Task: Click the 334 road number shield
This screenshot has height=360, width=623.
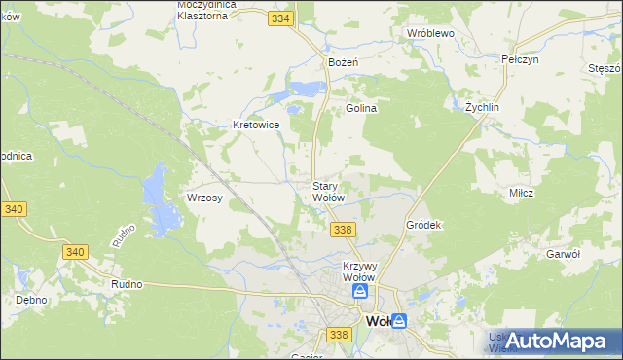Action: pos(281,18)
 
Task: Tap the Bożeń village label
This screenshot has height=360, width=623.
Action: pos(345,62)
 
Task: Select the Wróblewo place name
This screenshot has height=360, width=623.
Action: pos(431,33)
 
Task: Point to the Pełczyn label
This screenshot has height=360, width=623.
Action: pos(520,59)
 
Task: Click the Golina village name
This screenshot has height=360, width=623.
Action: pos(361,109)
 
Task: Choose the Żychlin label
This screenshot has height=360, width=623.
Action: pos(482,107)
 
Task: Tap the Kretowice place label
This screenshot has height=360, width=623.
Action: pos(257,126)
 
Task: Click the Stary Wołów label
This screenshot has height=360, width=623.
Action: pos(327,192)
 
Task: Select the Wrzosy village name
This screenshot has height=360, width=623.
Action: pos(205,198)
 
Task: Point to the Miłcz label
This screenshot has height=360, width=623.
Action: pos(521,193)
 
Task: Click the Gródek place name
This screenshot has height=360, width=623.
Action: pos(424,225)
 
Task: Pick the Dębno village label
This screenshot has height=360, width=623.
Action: pos(30,300)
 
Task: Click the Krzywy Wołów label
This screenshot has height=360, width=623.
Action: pos(359,271)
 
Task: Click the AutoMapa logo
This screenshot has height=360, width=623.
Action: pos(557,340)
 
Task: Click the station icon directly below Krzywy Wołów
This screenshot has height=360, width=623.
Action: pos(360,291)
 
